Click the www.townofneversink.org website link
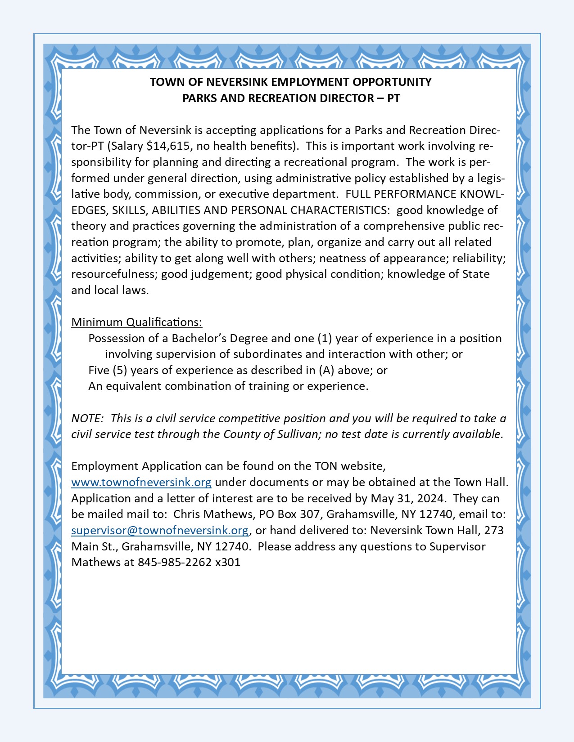point(141,483)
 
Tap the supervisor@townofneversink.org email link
point(160,531)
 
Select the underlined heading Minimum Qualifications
point(136,322)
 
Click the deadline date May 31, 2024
point(408,499)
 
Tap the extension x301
point(228,563)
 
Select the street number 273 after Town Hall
point(494,531)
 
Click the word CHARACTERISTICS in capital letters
point(339,210)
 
